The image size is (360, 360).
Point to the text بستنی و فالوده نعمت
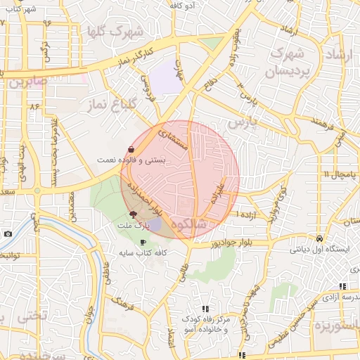pos(132,160)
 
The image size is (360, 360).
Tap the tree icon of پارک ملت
pos(132,214)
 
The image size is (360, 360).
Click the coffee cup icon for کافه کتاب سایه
pos(143,242)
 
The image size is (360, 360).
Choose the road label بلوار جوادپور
pos(212,243)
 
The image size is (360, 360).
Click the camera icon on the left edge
pos(7,233)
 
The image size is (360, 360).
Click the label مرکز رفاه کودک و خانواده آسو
pos(203,323)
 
